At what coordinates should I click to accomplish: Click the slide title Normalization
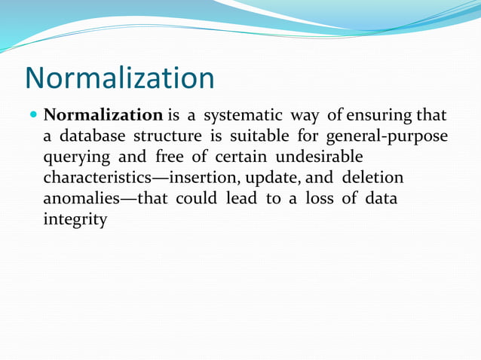[119, 78]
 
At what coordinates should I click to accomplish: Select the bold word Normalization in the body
[103, 116]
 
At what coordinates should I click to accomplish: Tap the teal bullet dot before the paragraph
[33, 117]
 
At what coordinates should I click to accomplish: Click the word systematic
[243, 116]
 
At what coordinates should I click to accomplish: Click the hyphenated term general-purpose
[386, 137]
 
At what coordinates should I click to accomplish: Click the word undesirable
[319, 157]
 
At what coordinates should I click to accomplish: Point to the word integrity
[75, 221]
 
